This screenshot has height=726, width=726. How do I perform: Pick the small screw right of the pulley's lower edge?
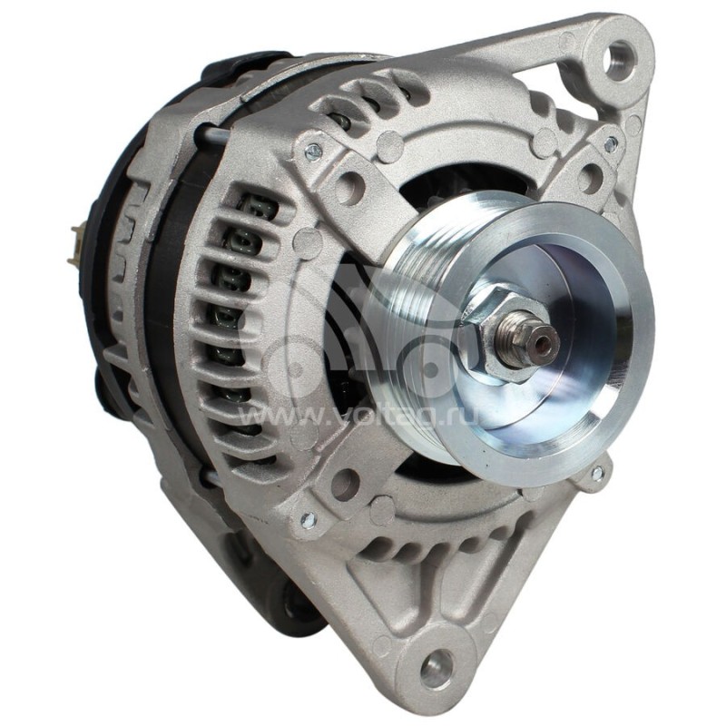pos(596,473)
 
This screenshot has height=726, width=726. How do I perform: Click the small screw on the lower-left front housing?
pos(307,519)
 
